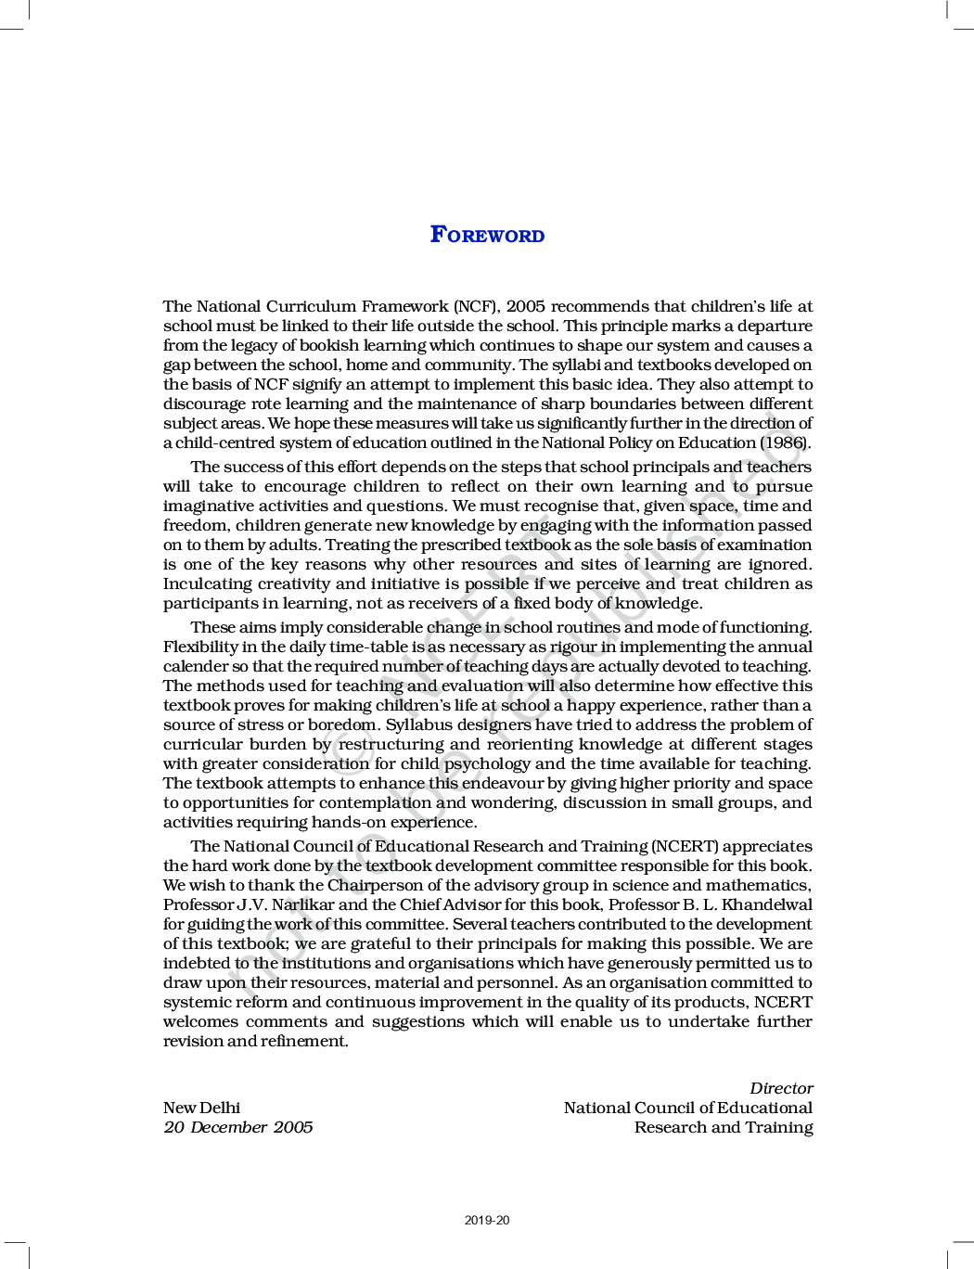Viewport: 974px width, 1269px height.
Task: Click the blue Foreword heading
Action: [x=487, y=235]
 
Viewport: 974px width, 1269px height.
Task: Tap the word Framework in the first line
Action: [x=404, y=306]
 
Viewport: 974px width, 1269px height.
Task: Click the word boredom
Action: [x=341, y=724]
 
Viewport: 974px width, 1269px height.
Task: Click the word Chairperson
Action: [x=375, y=885]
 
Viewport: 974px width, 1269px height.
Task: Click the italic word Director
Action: [x=781, y=1088]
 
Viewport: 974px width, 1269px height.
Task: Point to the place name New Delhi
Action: [x=201, y=1108]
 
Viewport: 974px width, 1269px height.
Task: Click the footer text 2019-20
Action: [x=487, y=1220]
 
